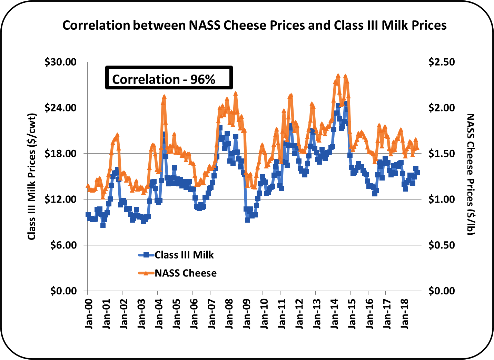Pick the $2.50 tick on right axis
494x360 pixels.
point(442,62)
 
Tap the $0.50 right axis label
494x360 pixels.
point(442,245)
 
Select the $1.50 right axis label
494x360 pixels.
point(442,154)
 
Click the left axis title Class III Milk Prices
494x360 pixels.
point(32,176)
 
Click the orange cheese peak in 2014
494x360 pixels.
point(338,76)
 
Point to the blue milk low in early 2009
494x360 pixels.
point(247,220)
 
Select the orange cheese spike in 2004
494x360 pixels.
point(164,97)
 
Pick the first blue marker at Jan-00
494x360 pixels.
point(88,215)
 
